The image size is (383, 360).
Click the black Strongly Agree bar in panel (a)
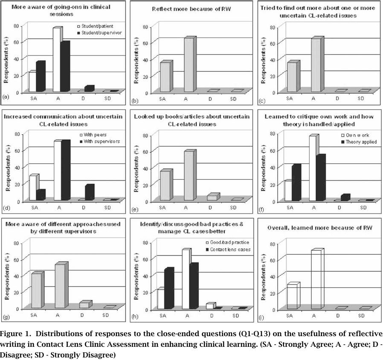click(x=40, y=77)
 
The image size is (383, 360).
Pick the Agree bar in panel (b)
click(x=189, y=65)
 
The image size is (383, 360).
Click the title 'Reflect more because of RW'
click(x=192, y=11)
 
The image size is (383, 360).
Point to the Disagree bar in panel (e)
click(x=212, y=197)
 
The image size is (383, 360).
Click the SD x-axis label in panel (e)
click(x=232, y=207)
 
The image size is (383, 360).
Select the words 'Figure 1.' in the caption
click(x=15, y=333)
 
